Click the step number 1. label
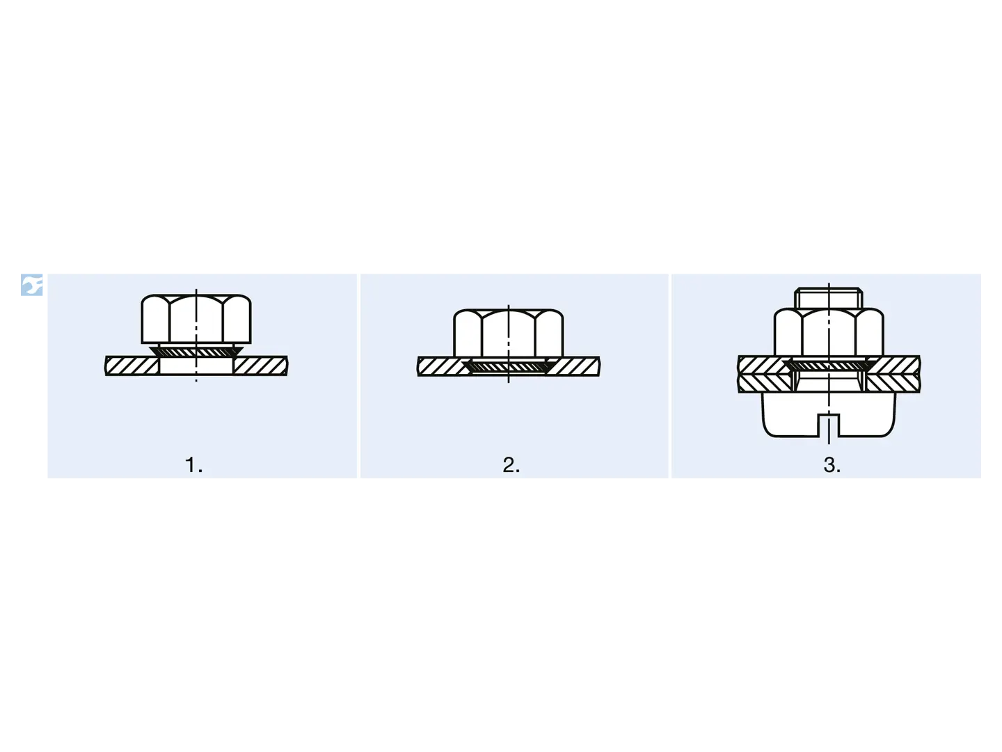click(x=193, y=465)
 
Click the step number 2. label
click(x=511, y=465)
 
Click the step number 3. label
click(x=832, y=465)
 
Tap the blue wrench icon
click(x=31, y=285)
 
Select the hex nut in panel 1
click(x=196, y=319)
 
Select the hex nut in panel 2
click(x=508, y=334)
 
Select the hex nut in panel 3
click(x=829, y=332)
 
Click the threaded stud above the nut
click(x=828, y=298)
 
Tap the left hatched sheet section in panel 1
click(x=132, y=366)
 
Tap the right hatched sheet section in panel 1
click(x=261, y=366)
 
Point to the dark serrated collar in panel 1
click(x=196, y=351)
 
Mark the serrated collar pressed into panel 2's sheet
click(x=508, y=366)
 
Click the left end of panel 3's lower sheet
click(x=738, y=383)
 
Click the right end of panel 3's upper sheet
click(x=919, y=365)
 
